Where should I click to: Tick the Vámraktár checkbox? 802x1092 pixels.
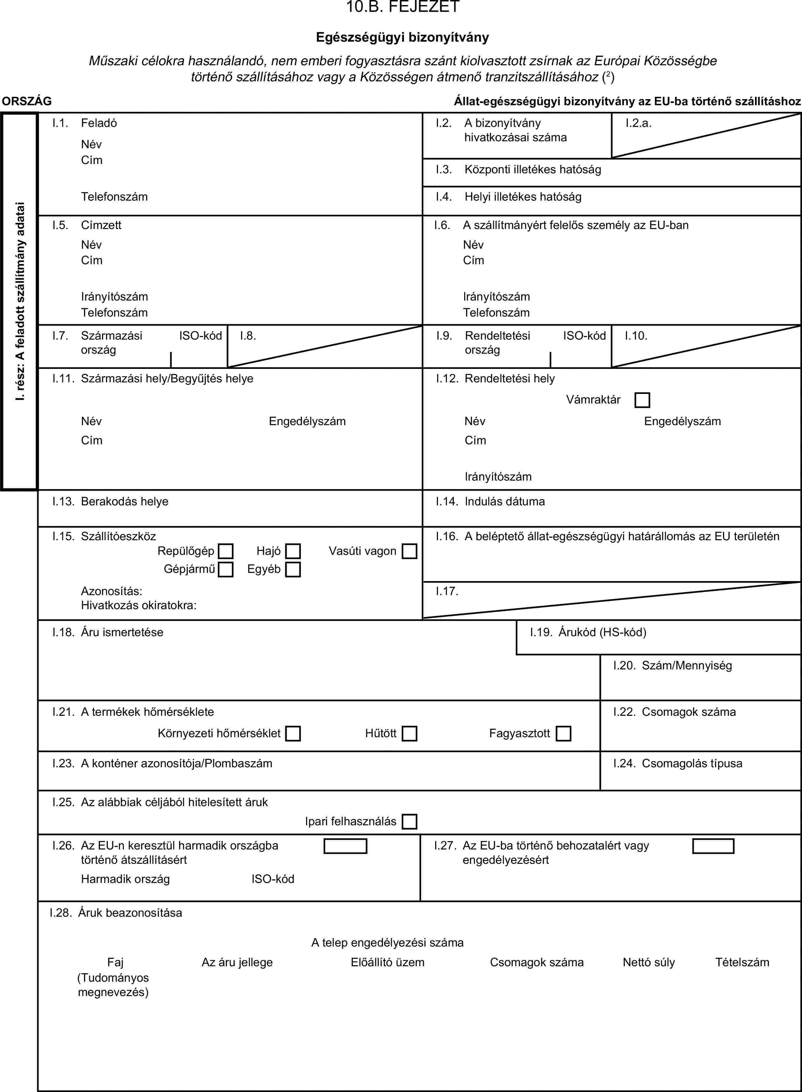642,400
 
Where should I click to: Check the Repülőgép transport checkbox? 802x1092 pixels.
226,551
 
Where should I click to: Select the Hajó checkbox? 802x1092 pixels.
293,551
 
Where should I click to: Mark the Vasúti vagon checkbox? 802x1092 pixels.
409,551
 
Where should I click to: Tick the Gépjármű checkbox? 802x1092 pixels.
226,569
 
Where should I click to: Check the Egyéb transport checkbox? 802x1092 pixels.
293,569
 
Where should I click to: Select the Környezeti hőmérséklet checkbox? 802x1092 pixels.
293,733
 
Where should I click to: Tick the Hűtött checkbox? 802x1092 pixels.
409,733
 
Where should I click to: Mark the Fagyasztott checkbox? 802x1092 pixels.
563,733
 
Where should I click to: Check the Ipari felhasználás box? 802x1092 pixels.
409,822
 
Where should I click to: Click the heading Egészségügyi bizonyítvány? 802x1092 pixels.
403,37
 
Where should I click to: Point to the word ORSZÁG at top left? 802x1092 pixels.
27,101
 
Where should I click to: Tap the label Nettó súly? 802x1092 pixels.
649,962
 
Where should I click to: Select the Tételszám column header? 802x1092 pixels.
742,962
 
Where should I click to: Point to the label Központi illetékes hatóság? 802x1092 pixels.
533,169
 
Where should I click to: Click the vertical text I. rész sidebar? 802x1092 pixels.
19,301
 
